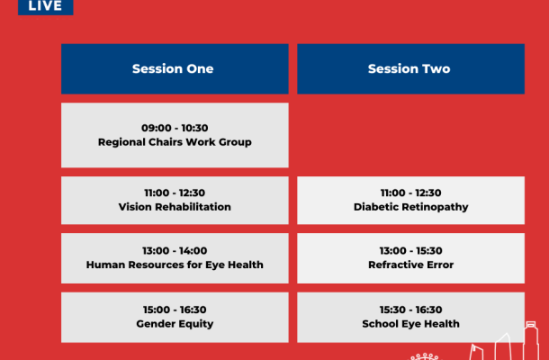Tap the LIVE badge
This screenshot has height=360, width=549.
click(x=46, y=6)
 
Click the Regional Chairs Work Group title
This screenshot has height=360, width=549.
click(x=175, y=142)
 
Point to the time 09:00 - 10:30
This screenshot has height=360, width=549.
click(x=175, y=128)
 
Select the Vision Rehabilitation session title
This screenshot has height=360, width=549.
click(x=175, y=207)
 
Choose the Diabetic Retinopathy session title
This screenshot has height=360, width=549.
click(x=410, y=207)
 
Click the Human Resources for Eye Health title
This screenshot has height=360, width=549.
click(x=175, y=265)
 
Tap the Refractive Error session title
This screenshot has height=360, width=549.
click(x=410, y=265)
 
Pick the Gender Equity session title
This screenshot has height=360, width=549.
click(x=175, y=324)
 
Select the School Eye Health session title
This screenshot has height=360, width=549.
click(x=410, y=324)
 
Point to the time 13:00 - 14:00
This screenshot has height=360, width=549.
click(x=175, y=251)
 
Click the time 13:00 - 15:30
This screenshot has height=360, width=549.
click(x=410, y=251)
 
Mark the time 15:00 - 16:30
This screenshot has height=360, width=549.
click(x=175, y=310)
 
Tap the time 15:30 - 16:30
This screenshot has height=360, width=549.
click(x=410, y=310)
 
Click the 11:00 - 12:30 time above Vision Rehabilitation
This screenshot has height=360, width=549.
click(x=175, y=193)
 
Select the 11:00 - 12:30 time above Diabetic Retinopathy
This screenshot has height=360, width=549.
click(x=410, y=193)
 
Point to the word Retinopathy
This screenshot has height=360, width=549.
click(x=435, y=207)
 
